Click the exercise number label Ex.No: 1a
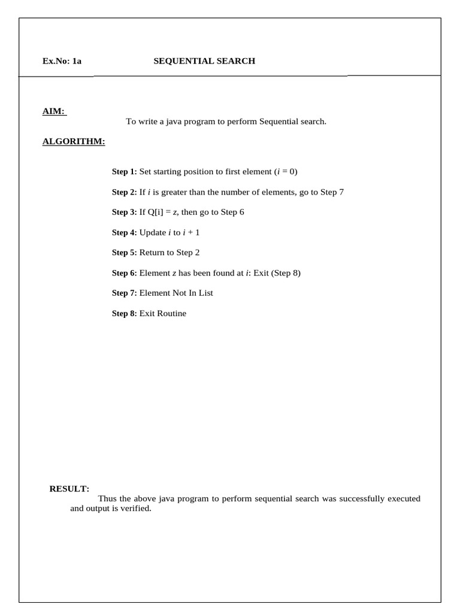[x=62, y=61]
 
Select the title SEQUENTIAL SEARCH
[x=204, y=61]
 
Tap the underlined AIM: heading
[x=54, y=111]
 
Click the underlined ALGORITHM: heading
[x=74, y=141]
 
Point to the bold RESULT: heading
[x=69, y=489]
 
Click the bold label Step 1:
[x=125, y=172]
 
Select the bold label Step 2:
[x=125, y=192]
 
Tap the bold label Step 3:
[x=125, y=213]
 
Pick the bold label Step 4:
[x=125, y=232]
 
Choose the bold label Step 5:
[x=125, y=253]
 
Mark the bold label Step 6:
[x=125, y=273]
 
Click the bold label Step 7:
[x=125, y=293]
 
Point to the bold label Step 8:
[x=125, y=314]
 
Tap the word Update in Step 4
[x=153, y=232]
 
